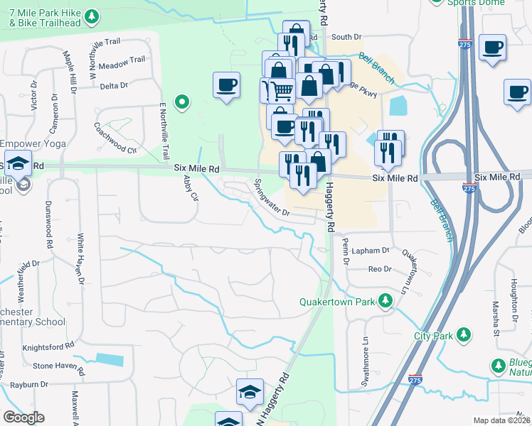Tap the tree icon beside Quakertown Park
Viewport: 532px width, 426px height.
click(385, 301)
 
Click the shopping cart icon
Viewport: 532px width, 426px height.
click(278, 92)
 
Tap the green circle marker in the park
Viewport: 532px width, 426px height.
click(182, 103)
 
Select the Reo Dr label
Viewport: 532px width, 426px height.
click(380, 269)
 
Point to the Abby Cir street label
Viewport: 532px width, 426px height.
click(190, 188)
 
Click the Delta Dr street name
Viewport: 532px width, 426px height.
click(114, 86)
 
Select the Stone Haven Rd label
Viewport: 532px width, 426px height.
click(58, 371)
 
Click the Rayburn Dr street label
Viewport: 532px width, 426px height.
click(23, 385)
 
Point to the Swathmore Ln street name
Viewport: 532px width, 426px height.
click(366, 359)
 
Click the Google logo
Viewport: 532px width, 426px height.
click(23, 417)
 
